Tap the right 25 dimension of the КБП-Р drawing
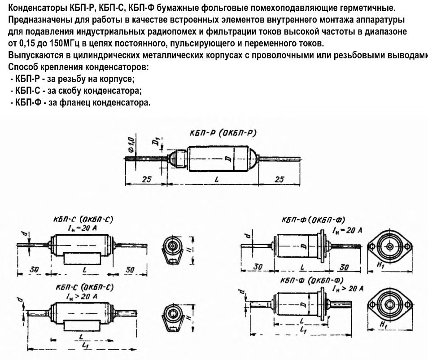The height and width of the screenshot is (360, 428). (x=279, y=179)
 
